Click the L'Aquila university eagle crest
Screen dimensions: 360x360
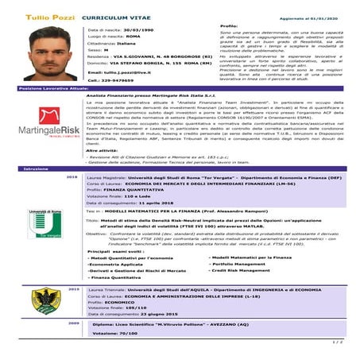click(39, 299)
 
